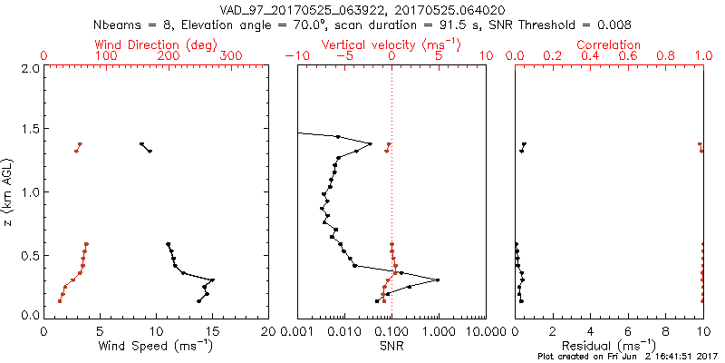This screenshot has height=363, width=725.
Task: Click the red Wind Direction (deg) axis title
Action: (x=157, y=44)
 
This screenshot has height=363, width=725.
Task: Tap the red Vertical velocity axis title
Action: (x=391, y=44)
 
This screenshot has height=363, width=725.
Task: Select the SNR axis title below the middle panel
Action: (x=391, y=345)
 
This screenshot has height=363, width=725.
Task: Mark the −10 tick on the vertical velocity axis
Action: (x=295, y=56)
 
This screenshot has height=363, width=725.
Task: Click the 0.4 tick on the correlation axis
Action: (x=590, y=56)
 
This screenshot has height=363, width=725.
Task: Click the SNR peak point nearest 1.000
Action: (x=438, y=280)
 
